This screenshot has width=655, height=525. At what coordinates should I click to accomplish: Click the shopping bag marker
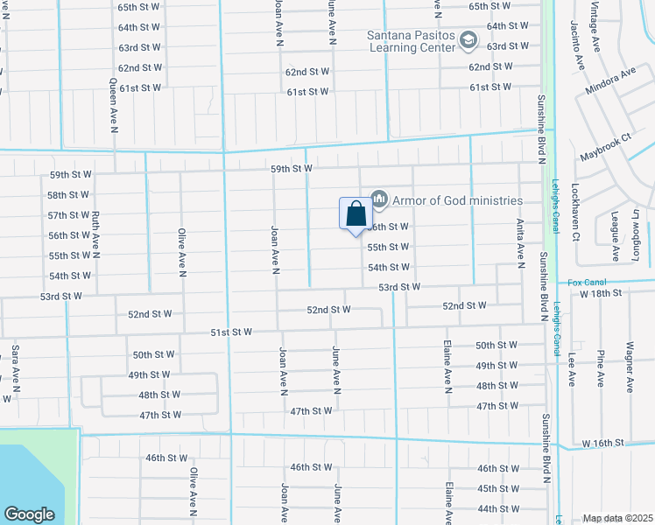tap(356, 214)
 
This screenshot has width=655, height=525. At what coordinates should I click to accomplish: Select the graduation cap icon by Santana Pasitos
tap(468, 40)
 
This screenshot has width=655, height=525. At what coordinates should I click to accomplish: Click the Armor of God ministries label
tap(457, 200)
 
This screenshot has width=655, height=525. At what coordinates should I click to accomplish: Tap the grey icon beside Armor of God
tap(379, 199)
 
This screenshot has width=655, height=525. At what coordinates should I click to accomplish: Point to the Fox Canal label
tap(587, 282)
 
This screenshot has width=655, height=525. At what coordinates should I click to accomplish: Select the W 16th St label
tap(605, 443)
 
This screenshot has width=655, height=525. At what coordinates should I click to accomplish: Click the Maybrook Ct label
tap(605, 148)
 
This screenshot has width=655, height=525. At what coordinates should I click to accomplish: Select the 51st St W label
tap(231, 332)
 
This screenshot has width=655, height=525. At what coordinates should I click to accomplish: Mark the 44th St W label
tap(498, 508)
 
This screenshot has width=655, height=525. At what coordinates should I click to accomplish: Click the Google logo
tap(29, 514)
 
